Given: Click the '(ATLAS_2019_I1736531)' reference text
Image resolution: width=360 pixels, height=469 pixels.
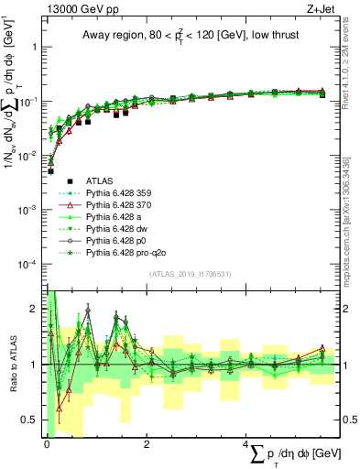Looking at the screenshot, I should [x=190, y=274].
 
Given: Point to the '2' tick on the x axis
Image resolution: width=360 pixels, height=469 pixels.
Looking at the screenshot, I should [x=147, y=444].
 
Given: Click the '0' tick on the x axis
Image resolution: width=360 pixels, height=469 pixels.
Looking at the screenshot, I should [x=48, y=444].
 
